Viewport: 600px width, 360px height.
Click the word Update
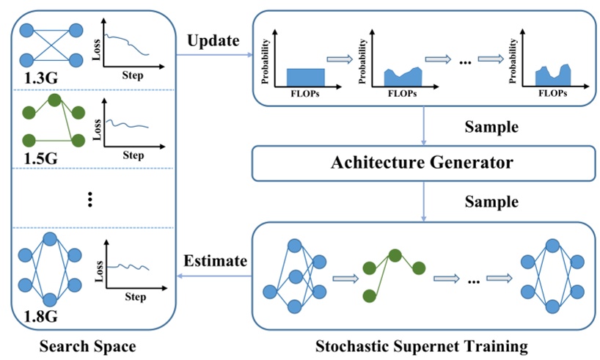(x=213, y=40)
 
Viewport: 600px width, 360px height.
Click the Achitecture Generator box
(x=421, y=163)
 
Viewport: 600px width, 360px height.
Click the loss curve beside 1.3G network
(x=127, y=45)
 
